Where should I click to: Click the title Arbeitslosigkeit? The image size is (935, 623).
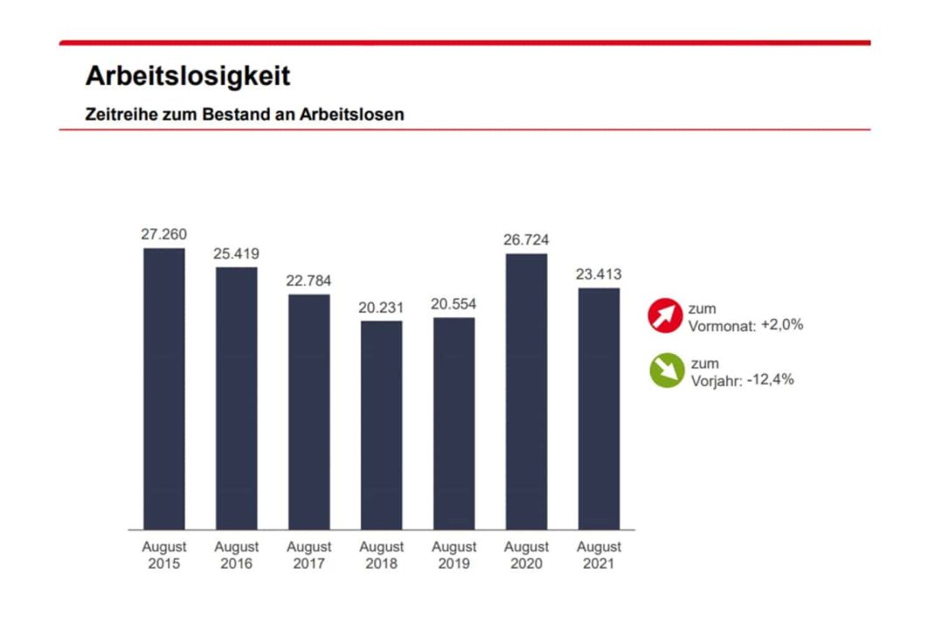[x=188, y=76]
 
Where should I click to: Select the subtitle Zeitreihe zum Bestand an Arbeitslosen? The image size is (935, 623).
[x=245, y=114]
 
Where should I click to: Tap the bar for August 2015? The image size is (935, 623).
[x=164, y=388]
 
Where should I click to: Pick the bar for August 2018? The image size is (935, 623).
[x=381, y=425]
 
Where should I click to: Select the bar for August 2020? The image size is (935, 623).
[x=526, y=391]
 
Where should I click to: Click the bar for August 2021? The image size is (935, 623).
[x=599, y=408]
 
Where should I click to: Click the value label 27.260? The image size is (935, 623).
[x=164, y=234]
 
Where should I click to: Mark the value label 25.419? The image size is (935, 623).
[x=237, y=253]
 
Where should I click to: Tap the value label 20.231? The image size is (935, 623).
[x=381, y=308]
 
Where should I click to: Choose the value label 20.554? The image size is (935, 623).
[x=454, y=304]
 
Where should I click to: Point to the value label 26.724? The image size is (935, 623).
[x=526, y=240]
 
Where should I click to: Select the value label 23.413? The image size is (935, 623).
[x=599, y=274]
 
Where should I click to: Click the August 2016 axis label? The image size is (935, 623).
[x=237, y=555]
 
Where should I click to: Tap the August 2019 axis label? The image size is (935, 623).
[x=454, y=555]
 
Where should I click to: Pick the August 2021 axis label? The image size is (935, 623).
[x=599, y=555]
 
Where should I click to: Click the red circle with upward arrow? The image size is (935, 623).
[x=665, y=315]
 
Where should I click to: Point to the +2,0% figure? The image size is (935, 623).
[x=781, y=325]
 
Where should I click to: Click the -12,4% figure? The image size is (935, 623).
[x=770, y=380]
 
